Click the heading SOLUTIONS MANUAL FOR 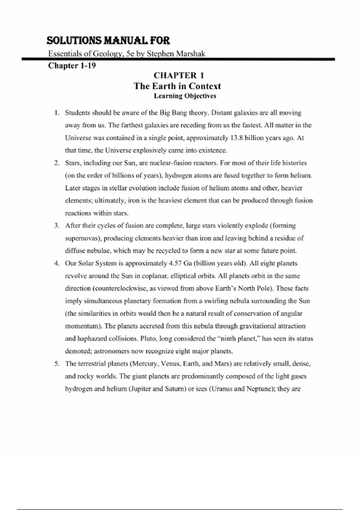pos(108,40)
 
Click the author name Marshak pos(191,54)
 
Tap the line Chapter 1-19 pos(72,65)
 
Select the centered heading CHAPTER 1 pos(179,75)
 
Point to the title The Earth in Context pos(177,86)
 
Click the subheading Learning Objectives pos(185,96)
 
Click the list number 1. pos(56,113)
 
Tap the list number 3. pos(56,226)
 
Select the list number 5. pos(56,364)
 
